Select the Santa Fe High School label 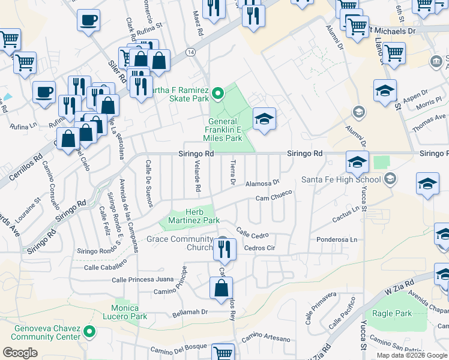tap(340, 179)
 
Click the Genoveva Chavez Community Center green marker tap(90, 331)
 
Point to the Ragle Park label tap(392, 313)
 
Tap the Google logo tap(20, 353)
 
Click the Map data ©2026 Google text tap(412, 355)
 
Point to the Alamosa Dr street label tap(263, 182)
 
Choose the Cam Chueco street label tap(274, 196)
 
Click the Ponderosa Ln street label tap(337, 239)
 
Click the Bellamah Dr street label tap(190, 312)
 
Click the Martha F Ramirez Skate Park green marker tap(218, 93)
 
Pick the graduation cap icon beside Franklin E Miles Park tap(264, 119)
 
